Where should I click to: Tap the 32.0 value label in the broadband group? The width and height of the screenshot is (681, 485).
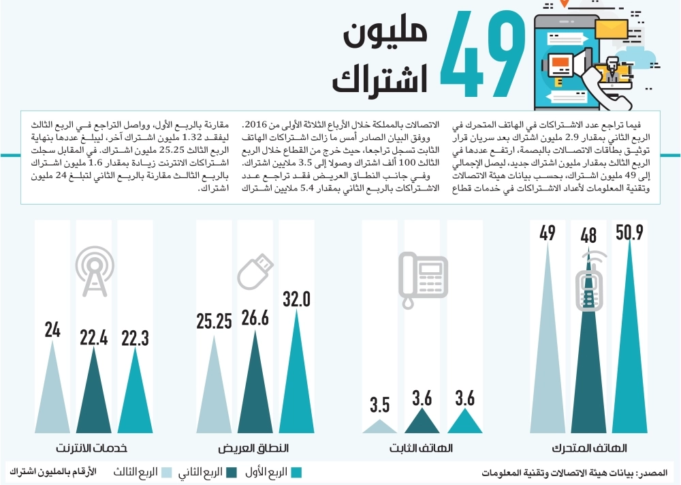pyautogui.click(x=297, y=299)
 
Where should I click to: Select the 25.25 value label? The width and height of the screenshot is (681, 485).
pyautogui.click(x=215, y=321)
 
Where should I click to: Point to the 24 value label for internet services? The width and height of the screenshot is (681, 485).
pyautogui.click(x=52, y=330)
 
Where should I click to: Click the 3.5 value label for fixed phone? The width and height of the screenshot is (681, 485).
pyautogui.click(x=380, y=405)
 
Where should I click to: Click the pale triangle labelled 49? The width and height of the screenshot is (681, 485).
pyautogui.click(x=548, y=355)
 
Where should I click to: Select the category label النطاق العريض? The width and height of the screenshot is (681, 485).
pyautogui.click(x=253, y=449)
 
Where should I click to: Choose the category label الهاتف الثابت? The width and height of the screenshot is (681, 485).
pyautogui.click(x=422, y=449)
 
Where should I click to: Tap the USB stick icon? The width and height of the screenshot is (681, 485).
pyautogui.click(x=255, y=276)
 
